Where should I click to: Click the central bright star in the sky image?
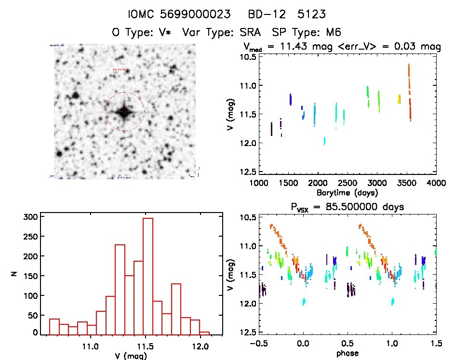click(124, 112)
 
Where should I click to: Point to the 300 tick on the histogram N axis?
click(30, 217)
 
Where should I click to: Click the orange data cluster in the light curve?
click(409, 77)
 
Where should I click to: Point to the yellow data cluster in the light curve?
click(399, 99)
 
